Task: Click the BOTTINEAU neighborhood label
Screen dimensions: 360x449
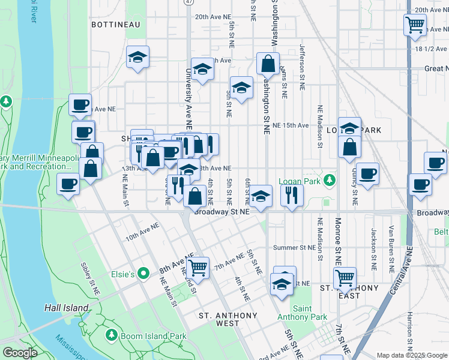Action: pyautogui.click(x=115, y=25)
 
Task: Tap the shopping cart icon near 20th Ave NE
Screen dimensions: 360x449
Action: pyautogui.click(x=415, y=25)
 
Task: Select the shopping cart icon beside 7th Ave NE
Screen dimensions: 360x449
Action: pyautogui.click(x=197, y=267)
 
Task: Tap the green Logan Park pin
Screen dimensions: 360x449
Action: pyautogui.click(x=328, y=180)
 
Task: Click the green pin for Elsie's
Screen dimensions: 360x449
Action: pyautogui.click(x=143, y=274)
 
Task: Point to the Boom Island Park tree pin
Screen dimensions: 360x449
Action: pyautogui.click(x=111, y=334)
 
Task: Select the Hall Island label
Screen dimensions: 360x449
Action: pyautogui.click(x=67, y=308)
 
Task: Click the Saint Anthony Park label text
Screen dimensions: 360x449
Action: pyautogui.click(x=303, y=313)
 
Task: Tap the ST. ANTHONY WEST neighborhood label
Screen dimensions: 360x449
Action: pyautogui.click(x=228, y=319)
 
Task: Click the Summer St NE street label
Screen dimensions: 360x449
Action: pyautogui.click(x=294, y=248)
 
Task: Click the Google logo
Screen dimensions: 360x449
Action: pyautogui.click(x=20, y=353)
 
